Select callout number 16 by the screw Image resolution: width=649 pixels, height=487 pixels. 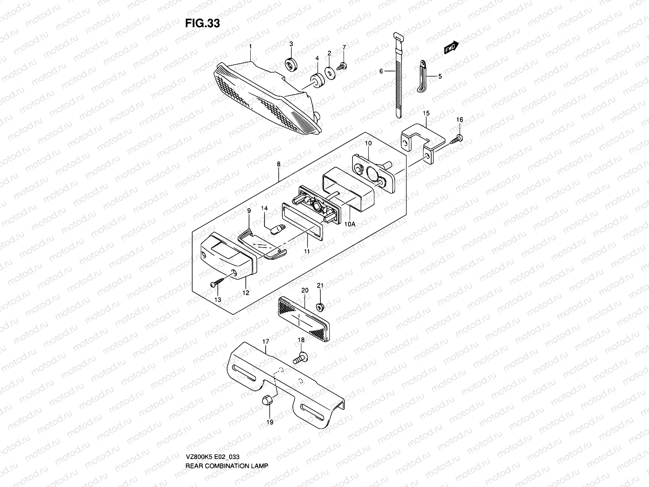coord(459,119)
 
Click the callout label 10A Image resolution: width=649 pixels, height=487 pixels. coord(350,224)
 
